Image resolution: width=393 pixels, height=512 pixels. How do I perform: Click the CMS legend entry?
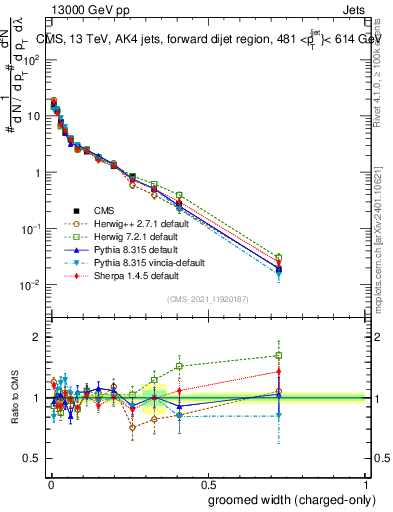(106, 210)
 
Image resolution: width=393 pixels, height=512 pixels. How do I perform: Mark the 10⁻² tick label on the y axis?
(30, 285)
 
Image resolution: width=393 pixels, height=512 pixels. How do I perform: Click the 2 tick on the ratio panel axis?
(36, 337)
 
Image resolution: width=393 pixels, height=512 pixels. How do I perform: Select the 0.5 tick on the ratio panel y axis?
(32, 459)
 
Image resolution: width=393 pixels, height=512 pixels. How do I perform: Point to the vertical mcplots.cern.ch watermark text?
(384, 260)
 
